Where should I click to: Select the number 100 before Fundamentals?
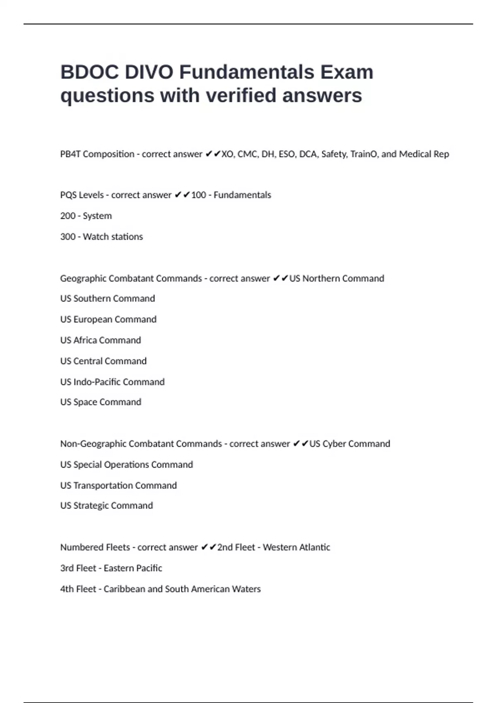198,195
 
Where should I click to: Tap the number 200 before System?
68,216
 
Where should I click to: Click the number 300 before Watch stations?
68,237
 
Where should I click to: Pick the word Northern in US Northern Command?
321,279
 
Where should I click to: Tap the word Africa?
85,340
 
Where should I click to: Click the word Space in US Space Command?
85,402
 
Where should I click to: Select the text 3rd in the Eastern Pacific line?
67,569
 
